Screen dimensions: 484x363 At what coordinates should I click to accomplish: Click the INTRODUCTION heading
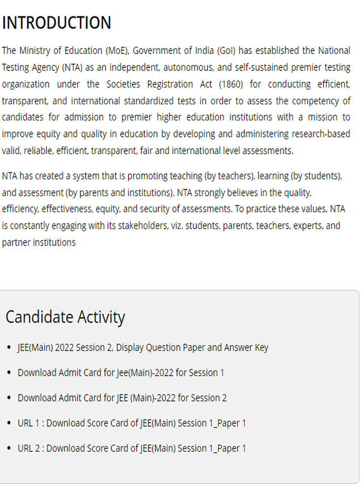pos(57,23)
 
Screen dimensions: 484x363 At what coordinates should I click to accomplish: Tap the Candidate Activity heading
pos(65,317)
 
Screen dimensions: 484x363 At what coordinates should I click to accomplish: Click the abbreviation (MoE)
pos(118,50)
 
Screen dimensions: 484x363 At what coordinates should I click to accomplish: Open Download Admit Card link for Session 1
pos(121,373)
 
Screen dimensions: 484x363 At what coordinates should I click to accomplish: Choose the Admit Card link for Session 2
pos(122,398)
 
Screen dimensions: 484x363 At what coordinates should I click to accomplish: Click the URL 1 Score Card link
pos(132,423)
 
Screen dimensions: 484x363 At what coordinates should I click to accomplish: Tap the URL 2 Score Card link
pos(132,448)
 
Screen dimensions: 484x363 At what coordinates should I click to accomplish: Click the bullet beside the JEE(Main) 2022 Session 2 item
pos(9,347)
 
